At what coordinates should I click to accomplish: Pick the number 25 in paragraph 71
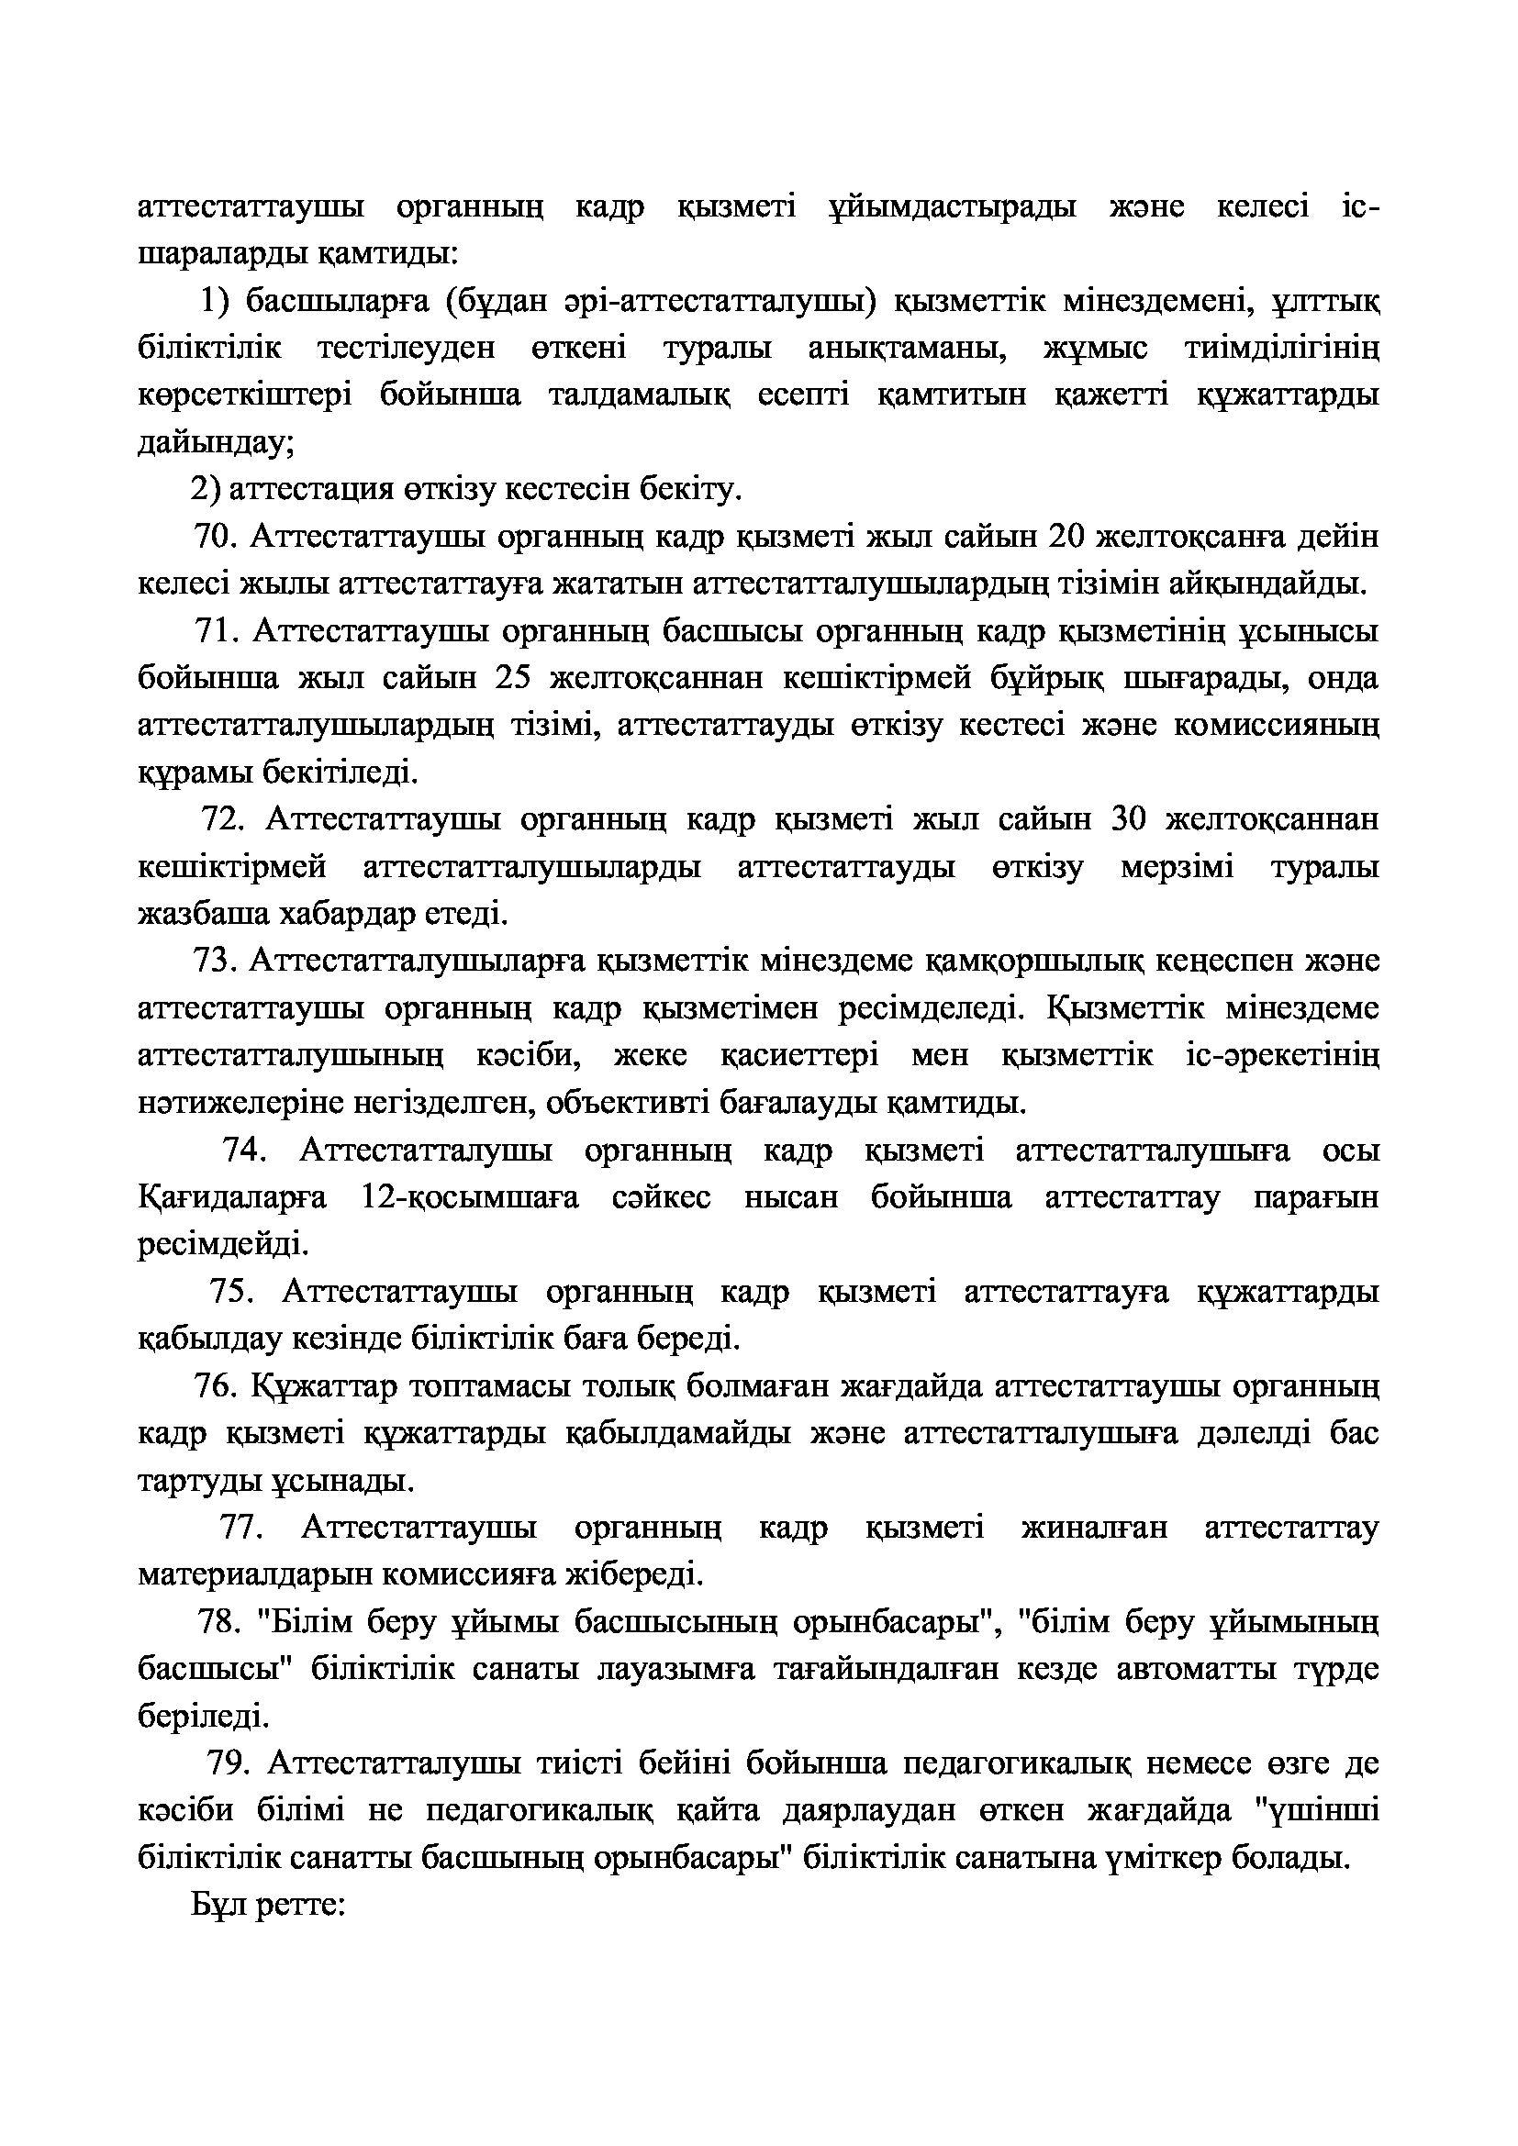(x=513, y=679)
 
